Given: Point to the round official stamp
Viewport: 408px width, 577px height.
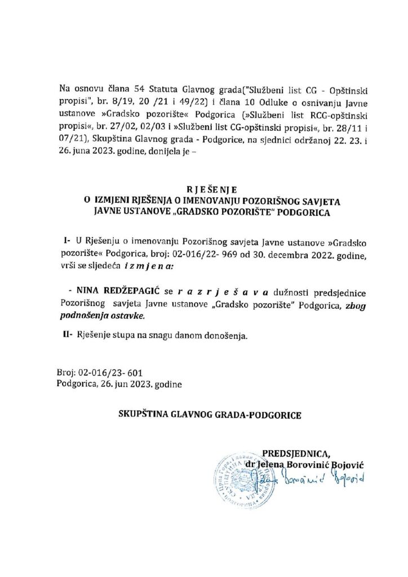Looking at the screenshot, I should point(237,476).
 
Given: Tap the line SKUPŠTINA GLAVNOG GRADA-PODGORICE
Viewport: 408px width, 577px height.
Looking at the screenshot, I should point(210,415).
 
